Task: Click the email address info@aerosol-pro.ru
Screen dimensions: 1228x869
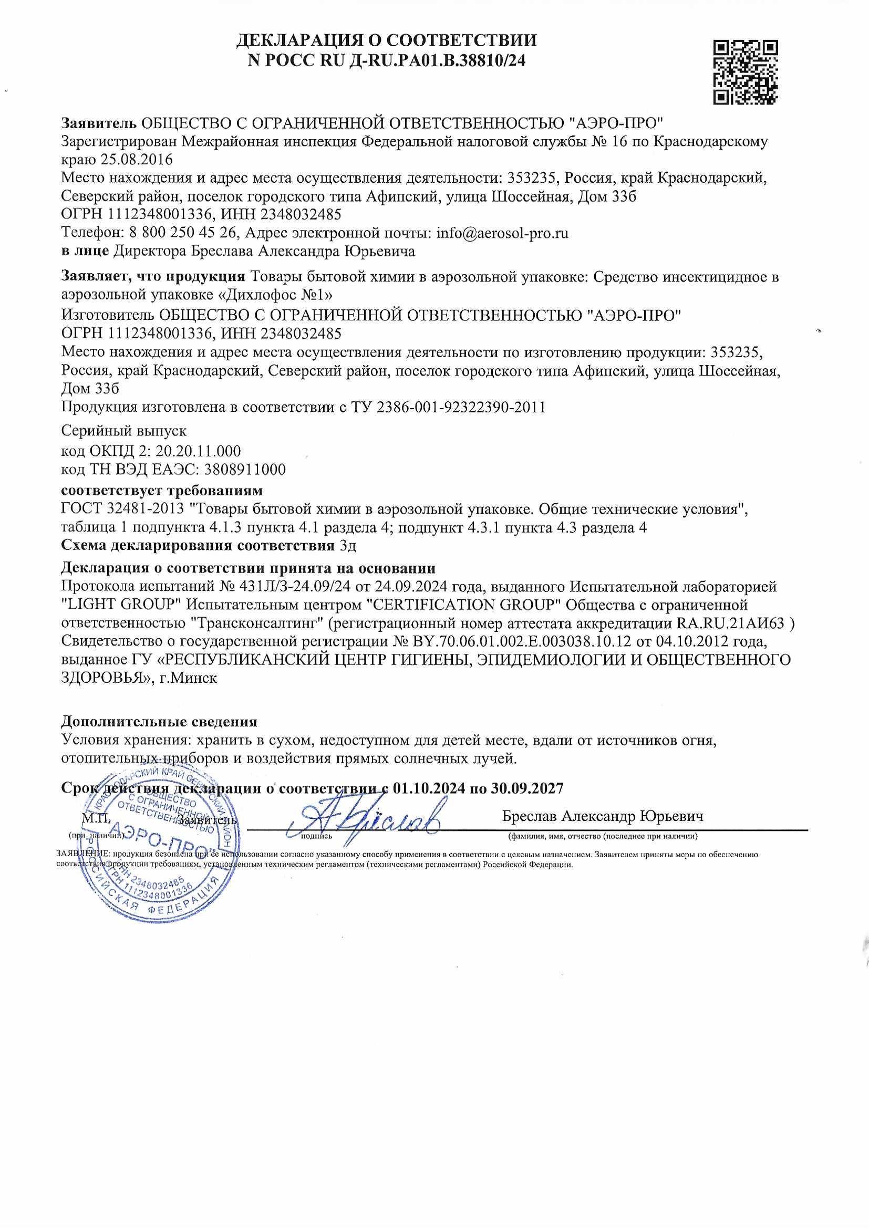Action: click(x=502, y=233)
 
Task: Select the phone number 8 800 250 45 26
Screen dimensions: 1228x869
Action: click(x=183, y=233)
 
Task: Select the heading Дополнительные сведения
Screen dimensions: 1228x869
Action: click(x=159, y=722)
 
